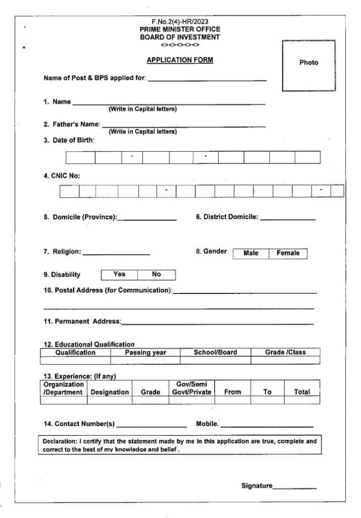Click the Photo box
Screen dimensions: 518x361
(x=308, y=66)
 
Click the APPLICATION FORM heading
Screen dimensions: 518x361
(x=180, y=60)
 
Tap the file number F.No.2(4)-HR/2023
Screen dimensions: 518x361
(x=180, y=22)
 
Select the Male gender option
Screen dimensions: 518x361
(x=251, y=253)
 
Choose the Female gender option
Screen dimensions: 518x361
(x=288, y=253)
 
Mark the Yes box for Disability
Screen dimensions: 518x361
(x=119, y=275)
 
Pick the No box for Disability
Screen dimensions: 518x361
(x=157, y=275)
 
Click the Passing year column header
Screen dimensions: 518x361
(x=145, y=353)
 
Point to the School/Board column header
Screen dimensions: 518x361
(x=215, y=353)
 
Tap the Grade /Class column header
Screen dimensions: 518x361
(x=285, y=353)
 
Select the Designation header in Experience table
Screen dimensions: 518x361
(x=110, y=392)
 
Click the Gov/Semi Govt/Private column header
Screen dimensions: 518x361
(x=191, y=388)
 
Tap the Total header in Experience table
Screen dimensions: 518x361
(x=302, y=392)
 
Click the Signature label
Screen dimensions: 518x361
(x=256, y=486)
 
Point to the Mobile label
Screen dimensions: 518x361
(x=207, y=424)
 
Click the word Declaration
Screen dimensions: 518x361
(x=60, y=442)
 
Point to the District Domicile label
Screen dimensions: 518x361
(x=227, y=218)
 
